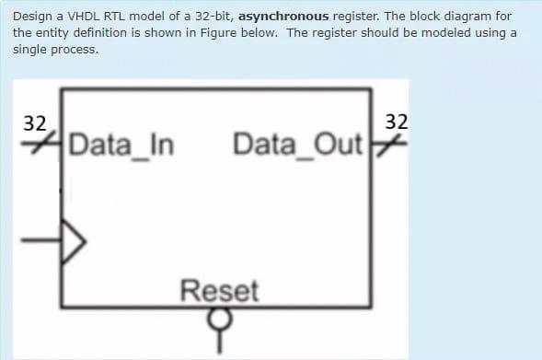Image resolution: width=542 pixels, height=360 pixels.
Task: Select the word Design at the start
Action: (33, 17)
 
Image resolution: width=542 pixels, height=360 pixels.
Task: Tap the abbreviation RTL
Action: (112, 17)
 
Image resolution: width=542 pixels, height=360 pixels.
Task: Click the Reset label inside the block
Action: (219, 292)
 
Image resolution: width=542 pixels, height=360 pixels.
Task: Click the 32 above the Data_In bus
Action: (34, 123)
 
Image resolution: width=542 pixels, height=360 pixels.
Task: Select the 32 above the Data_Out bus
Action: (397, 122)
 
